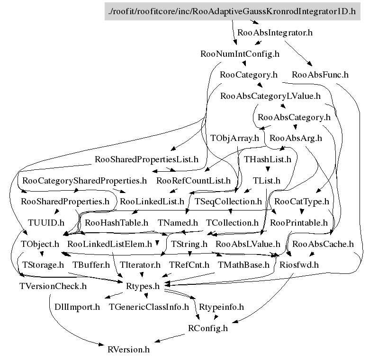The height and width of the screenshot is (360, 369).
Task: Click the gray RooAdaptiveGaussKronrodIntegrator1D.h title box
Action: coord(232,11)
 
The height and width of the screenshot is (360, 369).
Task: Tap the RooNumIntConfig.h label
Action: coord(240,53)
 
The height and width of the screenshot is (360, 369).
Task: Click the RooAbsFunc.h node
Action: coord(320,74)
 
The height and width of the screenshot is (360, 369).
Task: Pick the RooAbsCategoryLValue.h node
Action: coord(270,96)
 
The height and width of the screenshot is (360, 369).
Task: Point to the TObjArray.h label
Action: coord(235,138)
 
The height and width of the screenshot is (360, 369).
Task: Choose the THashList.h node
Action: coord(268,159)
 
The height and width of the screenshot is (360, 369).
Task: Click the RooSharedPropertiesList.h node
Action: coord(146,159)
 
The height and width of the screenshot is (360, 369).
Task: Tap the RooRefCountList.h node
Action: coord(193,180)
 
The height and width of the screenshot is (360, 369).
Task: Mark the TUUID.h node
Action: coord(46,222)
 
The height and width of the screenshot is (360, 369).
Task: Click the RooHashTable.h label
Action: coord(117,222)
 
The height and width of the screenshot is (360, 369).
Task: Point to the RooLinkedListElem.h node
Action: coord(109,244)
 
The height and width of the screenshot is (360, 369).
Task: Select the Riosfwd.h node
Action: coord(299,264)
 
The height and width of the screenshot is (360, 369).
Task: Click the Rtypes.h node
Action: coord(142,286)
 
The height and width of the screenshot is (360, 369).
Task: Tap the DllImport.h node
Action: coord(74,307)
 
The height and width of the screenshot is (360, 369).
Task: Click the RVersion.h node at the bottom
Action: coord(128,350)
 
